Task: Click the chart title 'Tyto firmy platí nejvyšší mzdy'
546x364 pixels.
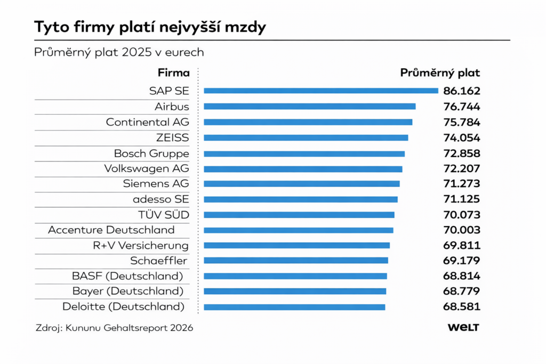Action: point(150,28)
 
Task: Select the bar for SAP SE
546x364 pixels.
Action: point(320,91)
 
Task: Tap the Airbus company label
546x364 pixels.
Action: point(172,107)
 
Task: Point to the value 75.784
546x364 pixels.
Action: point(462,122)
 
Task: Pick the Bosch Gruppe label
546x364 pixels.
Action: point(151,153)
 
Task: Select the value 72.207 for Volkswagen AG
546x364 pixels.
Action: point(462,169)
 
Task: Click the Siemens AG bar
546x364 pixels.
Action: point(301,184)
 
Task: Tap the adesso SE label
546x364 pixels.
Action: point(161,199)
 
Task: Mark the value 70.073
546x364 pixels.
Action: point(462,215)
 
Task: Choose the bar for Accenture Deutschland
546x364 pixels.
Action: point(298,230)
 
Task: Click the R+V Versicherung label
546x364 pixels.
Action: point(141,246)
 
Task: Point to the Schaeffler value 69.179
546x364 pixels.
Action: point(462,261)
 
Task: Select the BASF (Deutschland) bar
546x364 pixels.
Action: point(295,276)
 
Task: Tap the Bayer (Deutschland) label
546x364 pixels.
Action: point(128,292)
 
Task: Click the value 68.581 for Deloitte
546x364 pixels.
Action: point(462,307)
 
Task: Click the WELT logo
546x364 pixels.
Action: point(463,328)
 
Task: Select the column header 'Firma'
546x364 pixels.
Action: point(173,73)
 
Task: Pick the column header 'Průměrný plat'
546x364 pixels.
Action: point(440,73)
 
